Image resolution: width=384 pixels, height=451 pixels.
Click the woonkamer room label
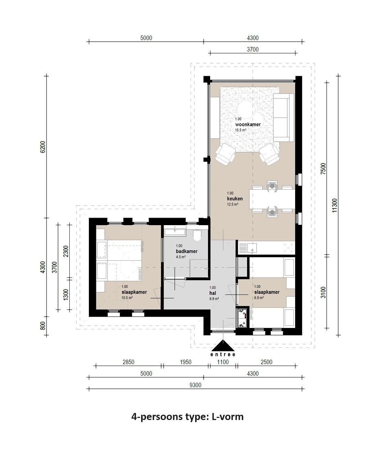tap(248, 125)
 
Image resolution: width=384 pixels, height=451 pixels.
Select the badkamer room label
tap(186, 251)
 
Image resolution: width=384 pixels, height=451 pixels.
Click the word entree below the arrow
tap(223, 355)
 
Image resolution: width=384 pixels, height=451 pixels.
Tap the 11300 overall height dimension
tap(334, 205)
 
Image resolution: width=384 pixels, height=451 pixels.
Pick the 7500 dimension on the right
tap(323, 168)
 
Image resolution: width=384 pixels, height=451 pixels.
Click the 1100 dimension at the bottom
tap(223, 362)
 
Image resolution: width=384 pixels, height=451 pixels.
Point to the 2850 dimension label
tap(128, 362)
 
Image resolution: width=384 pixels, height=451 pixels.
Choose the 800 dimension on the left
tap(43, 326)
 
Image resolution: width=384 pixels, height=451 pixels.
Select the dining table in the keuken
tap(272, 199)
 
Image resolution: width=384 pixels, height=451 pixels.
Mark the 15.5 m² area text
tap(241, 130)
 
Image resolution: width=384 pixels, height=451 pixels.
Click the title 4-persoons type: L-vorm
tap(187, 416)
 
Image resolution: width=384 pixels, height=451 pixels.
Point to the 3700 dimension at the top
tap(252, 49)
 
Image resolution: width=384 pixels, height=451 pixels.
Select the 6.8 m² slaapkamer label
tap(259, 298)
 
